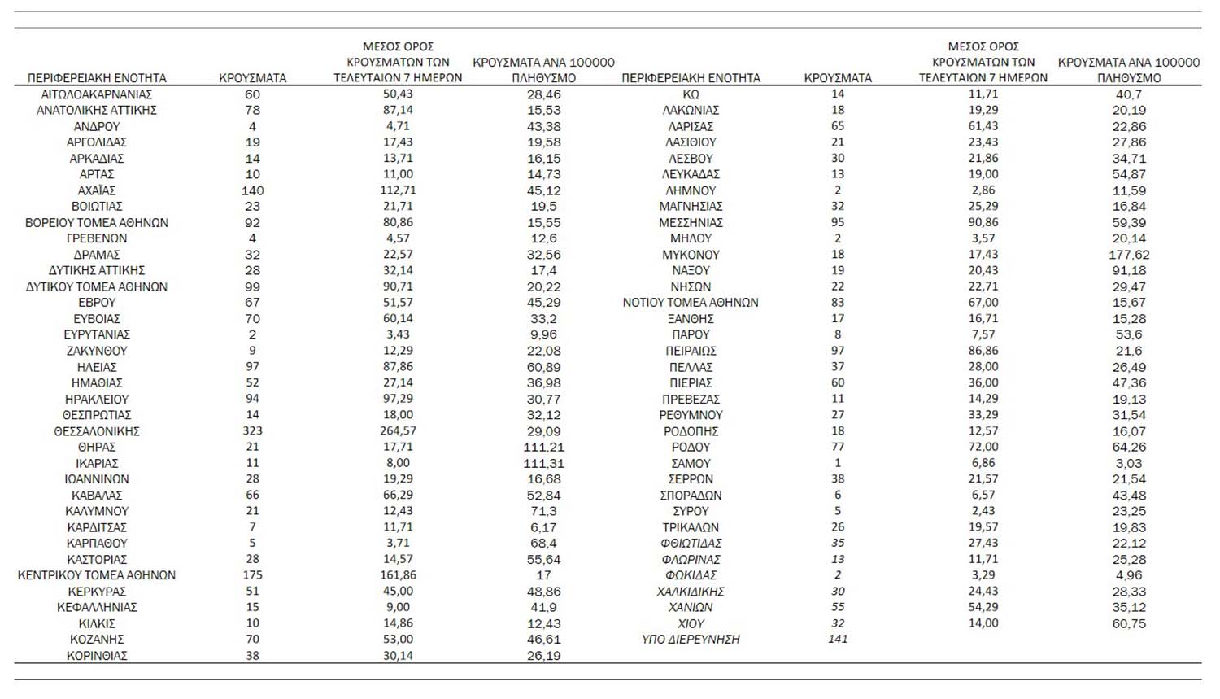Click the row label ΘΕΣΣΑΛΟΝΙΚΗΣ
(x=97, y=431)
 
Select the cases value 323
(x=252, y=431)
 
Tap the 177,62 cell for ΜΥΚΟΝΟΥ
(x=1129, y=255)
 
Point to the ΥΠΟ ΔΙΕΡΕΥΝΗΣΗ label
(x=691, y=640)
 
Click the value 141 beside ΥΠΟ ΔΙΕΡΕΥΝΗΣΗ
(x=838, y=639)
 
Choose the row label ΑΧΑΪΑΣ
(x=97, y=190)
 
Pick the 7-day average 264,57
(x=398, y=431)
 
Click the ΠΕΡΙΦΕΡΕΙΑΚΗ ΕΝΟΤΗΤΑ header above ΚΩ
(x=691, y=78)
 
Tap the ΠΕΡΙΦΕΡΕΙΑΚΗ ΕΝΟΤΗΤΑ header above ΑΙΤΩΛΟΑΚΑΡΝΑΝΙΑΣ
(x=97, y=78)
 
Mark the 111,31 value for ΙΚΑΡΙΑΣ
(x=543, y=463)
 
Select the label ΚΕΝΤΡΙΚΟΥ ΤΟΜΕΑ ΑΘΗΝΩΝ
(x=97, y=575)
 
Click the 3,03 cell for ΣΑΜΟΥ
(x=1129, y=463)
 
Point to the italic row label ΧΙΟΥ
(x=691, y=623)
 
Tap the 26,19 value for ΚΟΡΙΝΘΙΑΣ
(x=543, y=656)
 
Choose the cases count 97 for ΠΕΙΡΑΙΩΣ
(x=838, y=351)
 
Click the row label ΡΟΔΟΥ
(x=691, y=447)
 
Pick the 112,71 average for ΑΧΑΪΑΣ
(x=398, y=190)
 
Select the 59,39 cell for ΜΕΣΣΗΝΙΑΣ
(x=1129, y=222)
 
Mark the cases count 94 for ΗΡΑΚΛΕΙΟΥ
(x=252, y=399)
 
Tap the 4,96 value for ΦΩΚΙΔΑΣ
(x=1129, y=575)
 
